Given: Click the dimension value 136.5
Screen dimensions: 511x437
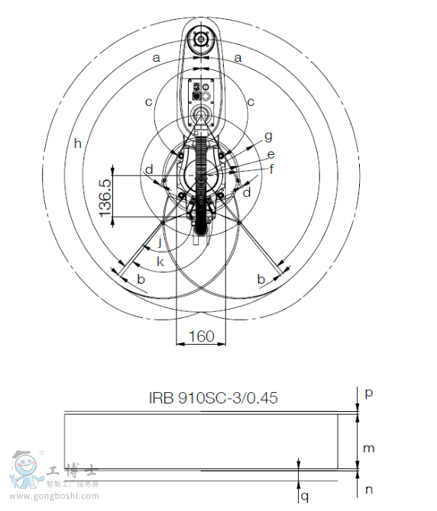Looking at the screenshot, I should [x=105, y=197].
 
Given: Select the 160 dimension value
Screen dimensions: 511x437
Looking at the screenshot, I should [x=201, y=336].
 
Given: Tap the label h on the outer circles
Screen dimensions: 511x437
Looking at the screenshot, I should [x=77, y=143].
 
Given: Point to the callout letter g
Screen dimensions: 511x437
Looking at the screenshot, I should [x=268, y=136].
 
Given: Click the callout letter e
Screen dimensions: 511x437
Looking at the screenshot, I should [x=270, y=154].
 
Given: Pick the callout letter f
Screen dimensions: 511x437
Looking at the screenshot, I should [x=271, y=168].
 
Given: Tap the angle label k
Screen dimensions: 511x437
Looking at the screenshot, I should [x=160, y=262].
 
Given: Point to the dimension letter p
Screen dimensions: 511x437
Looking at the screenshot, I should [x=368, y=393].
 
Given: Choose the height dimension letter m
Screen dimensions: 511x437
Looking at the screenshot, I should [x=368, y=448].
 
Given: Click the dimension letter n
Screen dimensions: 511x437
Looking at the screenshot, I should [x=368, y=490].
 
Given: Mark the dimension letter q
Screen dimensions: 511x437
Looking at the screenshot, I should [x=305, y=496].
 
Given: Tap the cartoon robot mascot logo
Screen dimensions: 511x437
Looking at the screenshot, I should [x=24, y=470].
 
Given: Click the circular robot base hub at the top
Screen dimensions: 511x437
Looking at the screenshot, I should [x=202, y=39].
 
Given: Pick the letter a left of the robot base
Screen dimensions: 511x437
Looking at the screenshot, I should [x=157, y=57].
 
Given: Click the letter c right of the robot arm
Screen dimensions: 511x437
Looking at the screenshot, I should [x=250, y=100].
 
